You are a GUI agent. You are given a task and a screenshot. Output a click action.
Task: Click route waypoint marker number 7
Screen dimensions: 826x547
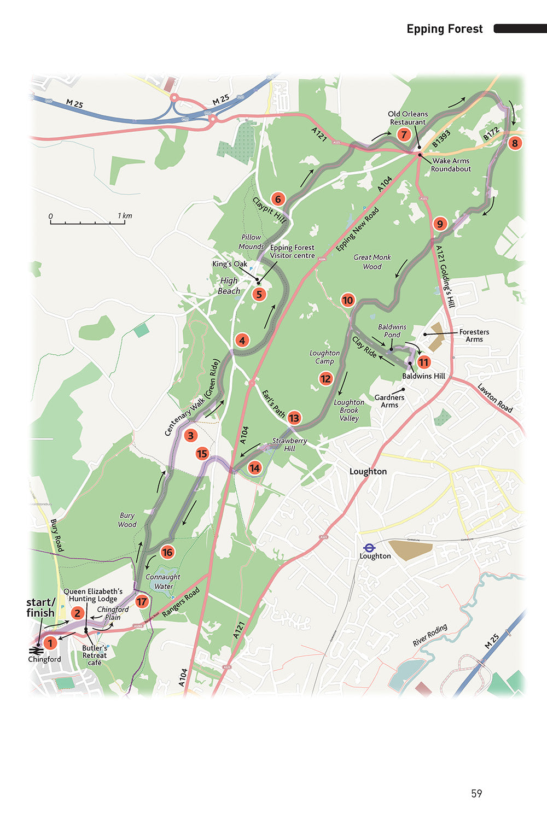pos(404,134)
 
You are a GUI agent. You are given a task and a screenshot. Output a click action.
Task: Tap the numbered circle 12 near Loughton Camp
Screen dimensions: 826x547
pos(326,378)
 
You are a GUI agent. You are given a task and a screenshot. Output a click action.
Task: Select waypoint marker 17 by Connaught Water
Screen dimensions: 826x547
pos(142,602)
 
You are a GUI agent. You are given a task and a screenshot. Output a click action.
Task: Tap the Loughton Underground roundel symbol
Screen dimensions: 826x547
pos(370,547)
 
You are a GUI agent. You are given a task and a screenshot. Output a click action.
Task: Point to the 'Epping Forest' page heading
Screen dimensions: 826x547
pos(444,29)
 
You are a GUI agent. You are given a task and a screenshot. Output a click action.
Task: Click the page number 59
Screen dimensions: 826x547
pos(476,793)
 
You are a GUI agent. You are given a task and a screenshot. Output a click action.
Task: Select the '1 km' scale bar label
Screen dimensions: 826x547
pos(125,216)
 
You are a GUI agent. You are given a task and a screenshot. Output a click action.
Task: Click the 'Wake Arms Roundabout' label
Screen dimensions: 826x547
pos(451,165)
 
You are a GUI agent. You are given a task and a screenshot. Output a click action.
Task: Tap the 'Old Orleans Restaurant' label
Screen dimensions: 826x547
pos(408,118)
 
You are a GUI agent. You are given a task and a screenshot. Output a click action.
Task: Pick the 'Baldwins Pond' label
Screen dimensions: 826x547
pos(392,331)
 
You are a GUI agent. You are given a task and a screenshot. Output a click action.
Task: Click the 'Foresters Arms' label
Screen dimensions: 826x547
pos(474,336)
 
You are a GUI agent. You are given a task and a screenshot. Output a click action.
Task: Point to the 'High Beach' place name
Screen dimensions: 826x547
pos(229,286)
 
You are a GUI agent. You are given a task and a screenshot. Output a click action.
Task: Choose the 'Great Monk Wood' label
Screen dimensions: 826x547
pos(372,262)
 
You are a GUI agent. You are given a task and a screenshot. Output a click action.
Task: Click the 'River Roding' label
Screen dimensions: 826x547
pos(430,635)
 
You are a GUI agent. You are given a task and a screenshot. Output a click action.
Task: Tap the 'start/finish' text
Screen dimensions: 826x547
pos(40,608)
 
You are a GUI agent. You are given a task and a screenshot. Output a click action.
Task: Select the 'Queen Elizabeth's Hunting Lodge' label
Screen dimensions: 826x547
pos(93,595)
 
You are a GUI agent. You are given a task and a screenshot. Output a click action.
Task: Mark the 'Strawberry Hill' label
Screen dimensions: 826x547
pos(289,444)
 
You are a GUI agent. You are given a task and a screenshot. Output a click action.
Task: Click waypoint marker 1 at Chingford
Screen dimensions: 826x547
pos(50,643)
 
